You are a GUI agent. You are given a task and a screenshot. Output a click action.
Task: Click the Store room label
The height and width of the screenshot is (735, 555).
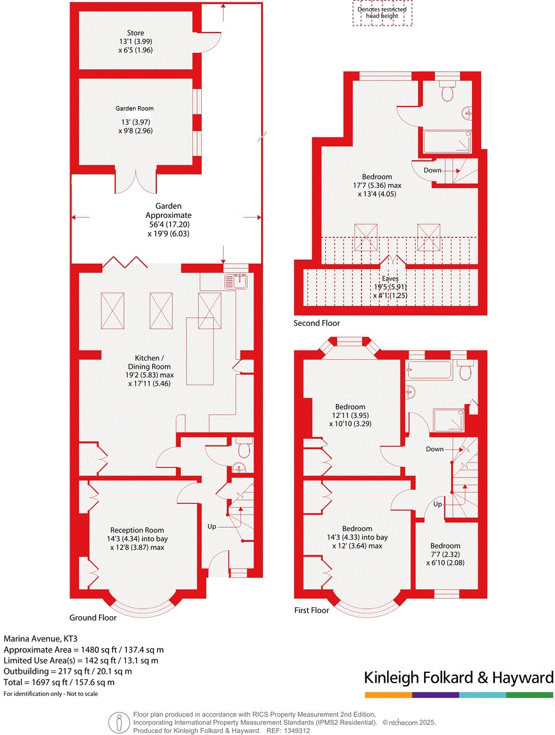[x=135, y=33]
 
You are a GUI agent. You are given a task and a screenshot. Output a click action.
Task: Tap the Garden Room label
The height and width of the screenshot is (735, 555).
[x=135, y=109]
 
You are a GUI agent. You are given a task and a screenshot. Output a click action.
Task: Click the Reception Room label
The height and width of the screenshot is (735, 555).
[x=137, y=530]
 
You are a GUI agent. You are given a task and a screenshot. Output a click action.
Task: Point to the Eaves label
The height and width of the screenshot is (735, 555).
[x=390, y=279]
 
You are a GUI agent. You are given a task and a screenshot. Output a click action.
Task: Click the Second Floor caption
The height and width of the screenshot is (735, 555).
[x=317, y=323]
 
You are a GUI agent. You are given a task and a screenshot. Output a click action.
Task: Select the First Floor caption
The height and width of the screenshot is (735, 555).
[x=312, y=610]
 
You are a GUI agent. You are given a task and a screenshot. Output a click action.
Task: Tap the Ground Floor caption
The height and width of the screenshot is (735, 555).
[x=93, y=618]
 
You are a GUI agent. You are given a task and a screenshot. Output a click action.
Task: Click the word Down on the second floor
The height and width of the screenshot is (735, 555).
[x=432, y=170]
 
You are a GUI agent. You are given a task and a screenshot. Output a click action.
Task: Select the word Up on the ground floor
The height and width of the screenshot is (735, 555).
[x=211, y=527]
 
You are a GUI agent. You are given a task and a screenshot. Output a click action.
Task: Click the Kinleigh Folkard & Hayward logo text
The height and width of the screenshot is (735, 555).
[x=459, y=677]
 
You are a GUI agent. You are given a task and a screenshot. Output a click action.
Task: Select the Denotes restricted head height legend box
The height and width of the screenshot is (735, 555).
[x=382, y=13]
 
